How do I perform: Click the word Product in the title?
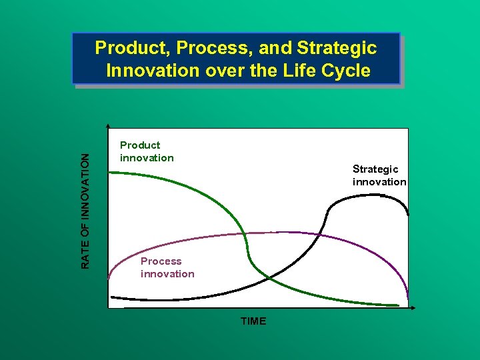tap(125, 48)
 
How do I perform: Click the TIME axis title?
tap(253, 321)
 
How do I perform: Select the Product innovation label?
tap(146, 151)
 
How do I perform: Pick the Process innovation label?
tap(167, 267)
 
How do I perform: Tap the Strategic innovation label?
tap(379, 175)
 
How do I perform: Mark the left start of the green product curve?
tap(109, 173)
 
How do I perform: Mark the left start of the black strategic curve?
tap(111, 296)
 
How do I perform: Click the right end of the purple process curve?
tap(407, 298)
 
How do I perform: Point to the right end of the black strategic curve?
tap(408, 215)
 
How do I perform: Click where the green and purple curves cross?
tap(247, 234)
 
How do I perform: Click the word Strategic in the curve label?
tap(375, 169)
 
